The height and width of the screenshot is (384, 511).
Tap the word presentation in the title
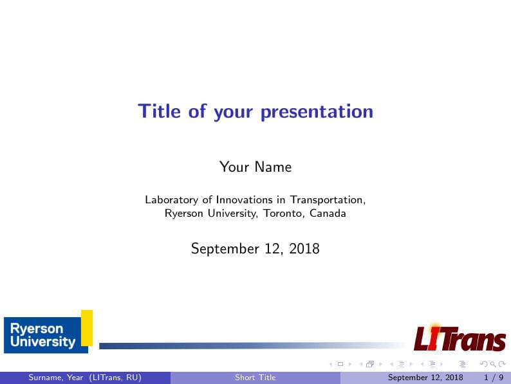click(x=317, y=113)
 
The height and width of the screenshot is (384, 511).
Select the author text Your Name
click(x=256, y=167)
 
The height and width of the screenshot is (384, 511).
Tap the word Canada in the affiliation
click(x=328, y=213)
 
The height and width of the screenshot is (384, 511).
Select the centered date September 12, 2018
click(x=256, y=248)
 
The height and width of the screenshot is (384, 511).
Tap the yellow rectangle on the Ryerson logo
click(x=86, y=327)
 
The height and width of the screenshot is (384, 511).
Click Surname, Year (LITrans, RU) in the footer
click(x=84, y=378)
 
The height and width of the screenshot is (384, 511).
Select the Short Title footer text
click(x=256, y=378)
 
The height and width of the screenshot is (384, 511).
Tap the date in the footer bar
click(x=425, y=378)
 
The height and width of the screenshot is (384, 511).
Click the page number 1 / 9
click(x=493, y=378)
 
